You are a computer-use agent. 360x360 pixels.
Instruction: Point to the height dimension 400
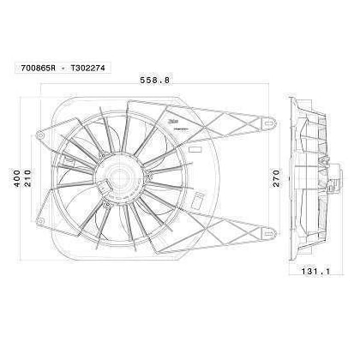pos(15,177)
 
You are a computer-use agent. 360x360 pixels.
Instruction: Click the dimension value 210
pos(30,177)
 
